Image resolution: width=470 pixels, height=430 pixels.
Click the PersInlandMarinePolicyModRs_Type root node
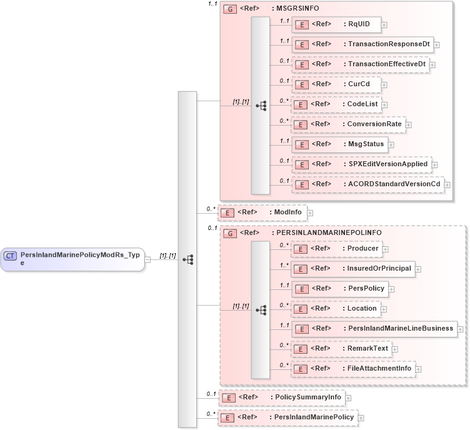pos(72,259)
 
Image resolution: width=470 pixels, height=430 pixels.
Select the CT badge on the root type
pos(11,256)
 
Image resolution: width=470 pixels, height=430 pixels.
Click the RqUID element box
pos(337,25)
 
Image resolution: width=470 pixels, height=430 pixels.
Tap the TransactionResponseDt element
pos(362,45)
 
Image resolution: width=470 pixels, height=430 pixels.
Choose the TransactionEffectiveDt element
pos(361,64)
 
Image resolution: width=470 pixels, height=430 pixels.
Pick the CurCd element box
pos(337,84)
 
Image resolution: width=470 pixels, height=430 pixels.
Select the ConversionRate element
pos(348,124)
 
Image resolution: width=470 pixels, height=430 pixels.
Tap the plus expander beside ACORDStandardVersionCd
pos(447,185)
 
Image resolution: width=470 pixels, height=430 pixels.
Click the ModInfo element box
pos(262,212)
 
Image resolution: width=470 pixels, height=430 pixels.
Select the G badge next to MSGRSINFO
pos(229,10)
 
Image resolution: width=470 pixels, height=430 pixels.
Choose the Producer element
pos(337,249)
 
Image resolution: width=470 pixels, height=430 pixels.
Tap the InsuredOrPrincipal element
pos(353,269)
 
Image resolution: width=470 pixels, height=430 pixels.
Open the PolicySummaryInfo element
pos(281,397)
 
